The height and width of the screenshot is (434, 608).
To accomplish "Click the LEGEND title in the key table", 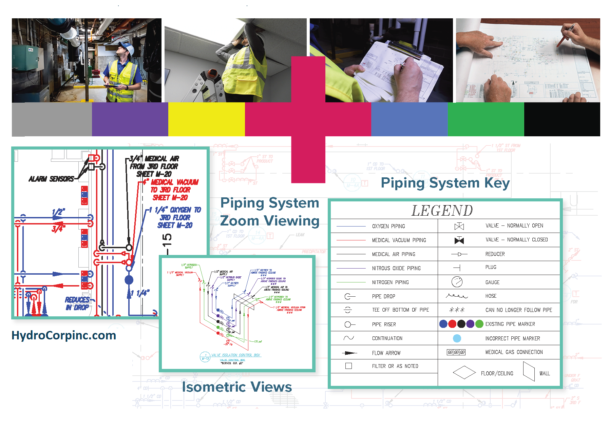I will click(x=442, y=211).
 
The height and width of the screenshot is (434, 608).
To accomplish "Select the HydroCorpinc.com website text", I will click(x=64, y=335).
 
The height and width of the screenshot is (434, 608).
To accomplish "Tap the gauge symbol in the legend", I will click(x=457, y=282).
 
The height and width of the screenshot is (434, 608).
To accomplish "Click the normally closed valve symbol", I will click(x=459, y=240).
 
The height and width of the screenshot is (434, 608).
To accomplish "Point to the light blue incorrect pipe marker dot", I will click(x=457, y=338).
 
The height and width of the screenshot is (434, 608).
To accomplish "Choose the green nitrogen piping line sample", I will click(x=351, y=282).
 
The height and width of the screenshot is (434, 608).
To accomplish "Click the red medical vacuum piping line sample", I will click(x=351, y=240).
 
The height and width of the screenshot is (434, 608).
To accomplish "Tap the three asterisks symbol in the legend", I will click(x=457, y=310).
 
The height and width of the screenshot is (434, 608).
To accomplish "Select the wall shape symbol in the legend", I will click(x=529, y=372).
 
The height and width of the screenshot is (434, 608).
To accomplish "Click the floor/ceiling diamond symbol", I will click(x=464, y=372).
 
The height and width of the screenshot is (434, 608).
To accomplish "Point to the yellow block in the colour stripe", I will click(x=206, y=119).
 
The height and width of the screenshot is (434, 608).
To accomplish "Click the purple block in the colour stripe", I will click(x=130, y=119).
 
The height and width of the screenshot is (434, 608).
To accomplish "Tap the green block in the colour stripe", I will click(x=486, y=119).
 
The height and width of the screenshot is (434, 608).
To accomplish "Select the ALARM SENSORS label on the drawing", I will click(x=51, y=179).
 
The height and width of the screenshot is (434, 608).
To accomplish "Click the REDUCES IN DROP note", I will click(x=78, y=303).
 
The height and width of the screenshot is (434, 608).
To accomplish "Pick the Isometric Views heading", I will click(x=236, y=387).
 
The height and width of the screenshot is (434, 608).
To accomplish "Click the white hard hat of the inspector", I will click(x=125, y=46).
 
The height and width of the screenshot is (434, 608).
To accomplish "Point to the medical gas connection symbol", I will click(x=456, y=352).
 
